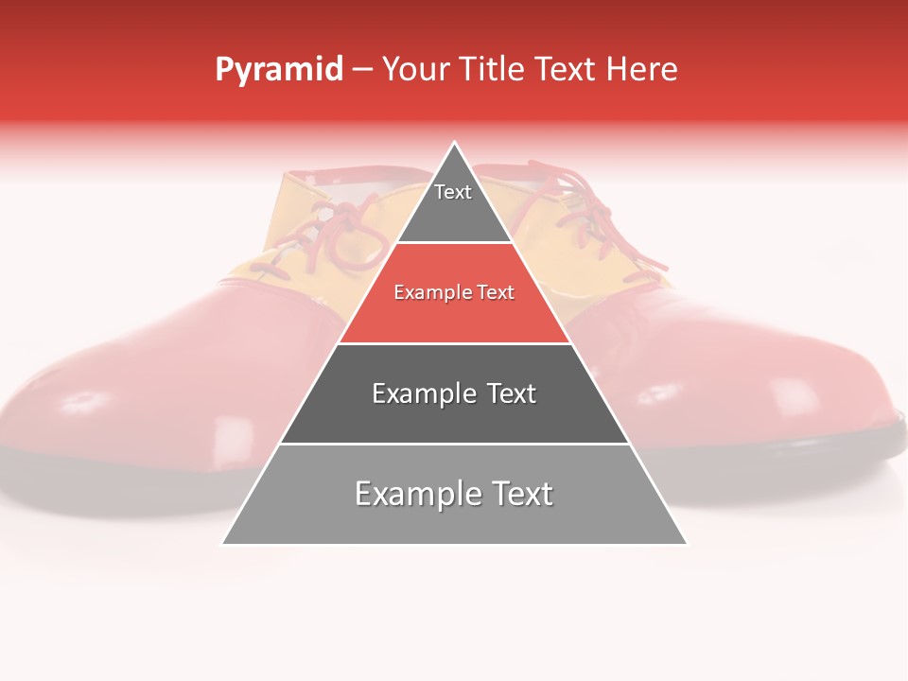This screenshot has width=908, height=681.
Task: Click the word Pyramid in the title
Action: [x=278, y=70]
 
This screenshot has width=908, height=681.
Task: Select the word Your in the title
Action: [x=416, y=69]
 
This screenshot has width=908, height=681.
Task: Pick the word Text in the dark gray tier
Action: [x=506, y=393]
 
